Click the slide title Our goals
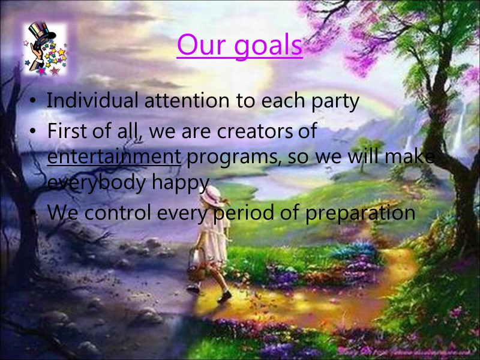(x=239, y=46)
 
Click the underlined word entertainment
(x=113, y=157)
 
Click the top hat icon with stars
(x=44, y=49)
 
